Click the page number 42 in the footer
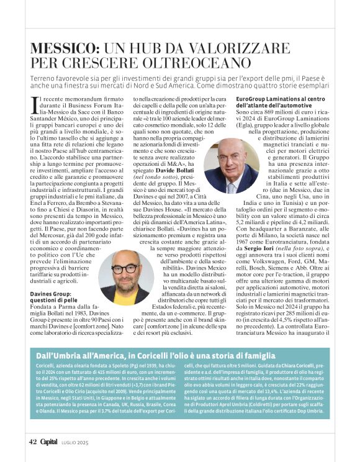(34, 442)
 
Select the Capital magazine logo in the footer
(50, 442)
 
